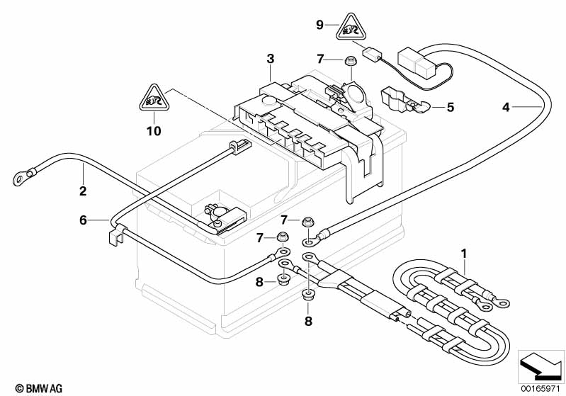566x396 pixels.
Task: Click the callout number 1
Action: coord(464,252)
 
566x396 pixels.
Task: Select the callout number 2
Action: coord(83,191)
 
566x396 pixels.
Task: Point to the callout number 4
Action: coord(505,108)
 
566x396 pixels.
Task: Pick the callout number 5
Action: coord(449,108)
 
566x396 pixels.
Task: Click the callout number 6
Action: coord(83,220)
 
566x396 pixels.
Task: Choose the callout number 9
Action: coord(319,25)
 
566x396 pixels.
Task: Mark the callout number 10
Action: coord(154,130)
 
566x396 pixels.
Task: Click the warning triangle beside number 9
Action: coord(350,26)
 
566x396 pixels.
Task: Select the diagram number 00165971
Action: coord(541,388)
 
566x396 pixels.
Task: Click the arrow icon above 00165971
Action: coord(540,365)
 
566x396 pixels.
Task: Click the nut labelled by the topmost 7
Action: coord(349,62)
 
